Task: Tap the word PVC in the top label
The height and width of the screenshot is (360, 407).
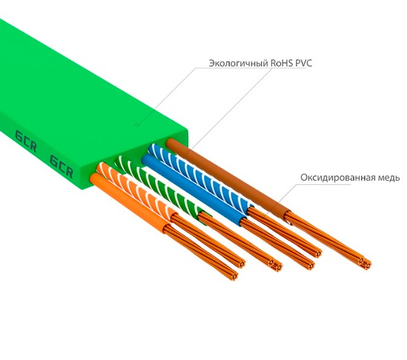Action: coord(304,63)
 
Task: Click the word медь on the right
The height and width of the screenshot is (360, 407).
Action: coord(389,178)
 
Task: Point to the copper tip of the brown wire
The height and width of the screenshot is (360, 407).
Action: coord(364,262)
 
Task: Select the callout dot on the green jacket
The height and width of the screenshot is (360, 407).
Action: coord(139,126)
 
